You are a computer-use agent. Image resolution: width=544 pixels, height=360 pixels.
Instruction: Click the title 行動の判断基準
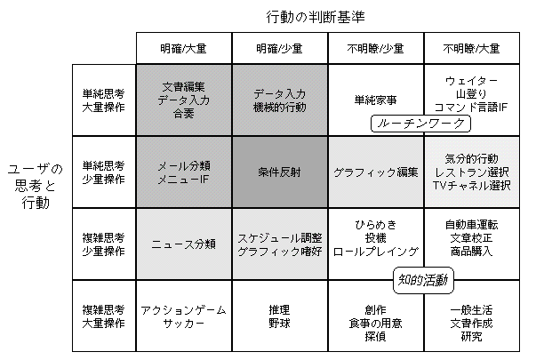(316, 17)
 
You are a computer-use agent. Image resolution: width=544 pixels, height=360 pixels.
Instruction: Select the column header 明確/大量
(184, 49)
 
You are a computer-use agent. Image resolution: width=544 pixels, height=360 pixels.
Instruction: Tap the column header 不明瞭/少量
(376, 49)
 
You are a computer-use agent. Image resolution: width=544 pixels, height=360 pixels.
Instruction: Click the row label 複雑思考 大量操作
(103, 316)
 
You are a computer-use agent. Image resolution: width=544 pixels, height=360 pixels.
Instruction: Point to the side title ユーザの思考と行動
(36, 186)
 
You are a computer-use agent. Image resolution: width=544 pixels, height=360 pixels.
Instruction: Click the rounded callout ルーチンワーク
(420, 124)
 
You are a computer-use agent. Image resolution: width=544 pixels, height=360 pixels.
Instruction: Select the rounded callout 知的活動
(423, 280)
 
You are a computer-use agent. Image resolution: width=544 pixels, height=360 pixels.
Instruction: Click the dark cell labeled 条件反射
(280, 172)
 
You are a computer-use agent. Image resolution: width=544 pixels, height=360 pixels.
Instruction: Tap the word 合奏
(183, 114)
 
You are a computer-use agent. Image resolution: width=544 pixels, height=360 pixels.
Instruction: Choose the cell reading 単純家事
(376, 100)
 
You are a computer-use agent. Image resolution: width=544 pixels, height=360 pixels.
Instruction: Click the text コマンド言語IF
(471, 108)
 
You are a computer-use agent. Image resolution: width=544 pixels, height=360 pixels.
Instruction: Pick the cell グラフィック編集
(376, 172)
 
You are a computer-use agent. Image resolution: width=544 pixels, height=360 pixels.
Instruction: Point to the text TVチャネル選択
(471, 186)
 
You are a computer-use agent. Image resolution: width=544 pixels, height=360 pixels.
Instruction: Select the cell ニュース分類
(184, 244)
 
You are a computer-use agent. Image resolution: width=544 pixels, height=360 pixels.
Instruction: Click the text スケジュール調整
(280, 238)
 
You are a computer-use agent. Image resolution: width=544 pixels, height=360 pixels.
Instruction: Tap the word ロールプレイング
(376, 252)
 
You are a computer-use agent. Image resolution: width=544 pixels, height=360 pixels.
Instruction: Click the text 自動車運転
(471, 225)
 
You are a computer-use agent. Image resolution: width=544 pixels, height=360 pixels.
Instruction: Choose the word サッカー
(183, 324)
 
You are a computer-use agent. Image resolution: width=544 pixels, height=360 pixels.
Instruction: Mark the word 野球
(279, 324)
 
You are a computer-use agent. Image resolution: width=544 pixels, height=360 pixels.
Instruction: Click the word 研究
(471, 336)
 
